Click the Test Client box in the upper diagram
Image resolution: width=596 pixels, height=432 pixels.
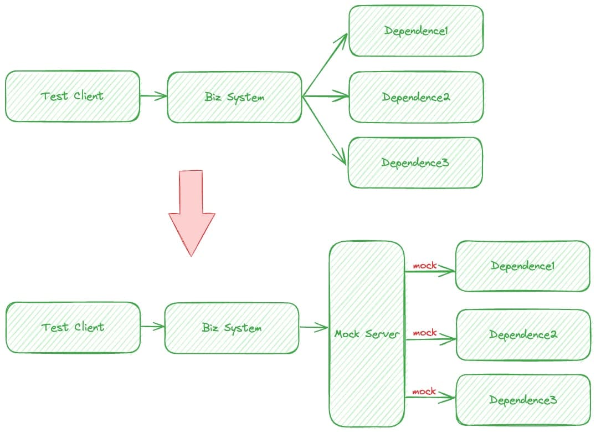73,96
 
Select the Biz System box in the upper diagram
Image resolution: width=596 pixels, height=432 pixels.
234,97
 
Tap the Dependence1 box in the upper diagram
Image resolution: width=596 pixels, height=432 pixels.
415,31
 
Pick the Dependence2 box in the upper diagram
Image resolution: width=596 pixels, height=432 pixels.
415,97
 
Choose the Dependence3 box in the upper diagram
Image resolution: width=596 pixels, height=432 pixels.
415,162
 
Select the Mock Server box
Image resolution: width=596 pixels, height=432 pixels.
367,334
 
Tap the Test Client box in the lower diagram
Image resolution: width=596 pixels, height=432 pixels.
73,327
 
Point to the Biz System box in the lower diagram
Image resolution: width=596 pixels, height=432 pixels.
232,328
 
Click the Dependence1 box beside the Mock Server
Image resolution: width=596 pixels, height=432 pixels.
522,266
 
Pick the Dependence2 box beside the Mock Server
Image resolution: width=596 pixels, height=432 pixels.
523,335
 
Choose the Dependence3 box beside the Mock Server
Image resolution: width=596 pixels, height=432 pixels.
523,399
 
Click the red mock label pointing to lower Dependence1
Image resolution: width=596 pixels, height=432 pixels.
425,266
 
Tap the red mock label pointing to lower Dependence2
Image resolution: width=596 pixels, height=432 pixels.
425,333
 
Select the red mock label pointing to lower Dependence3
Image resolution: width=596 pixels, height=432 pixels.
425,392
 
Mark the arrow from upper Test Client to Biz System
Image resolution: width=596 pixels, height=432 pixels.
153,96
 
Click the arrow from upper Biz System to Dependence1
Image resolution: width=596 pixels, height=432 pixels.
326,64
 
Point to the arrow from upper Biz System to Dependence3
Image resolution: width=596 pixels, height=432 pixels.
325,130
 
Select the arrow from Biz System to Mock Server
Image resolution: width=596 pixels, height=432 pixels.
314,328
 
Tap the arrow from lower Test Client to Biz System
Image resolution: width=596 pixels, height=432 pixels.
153,327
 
